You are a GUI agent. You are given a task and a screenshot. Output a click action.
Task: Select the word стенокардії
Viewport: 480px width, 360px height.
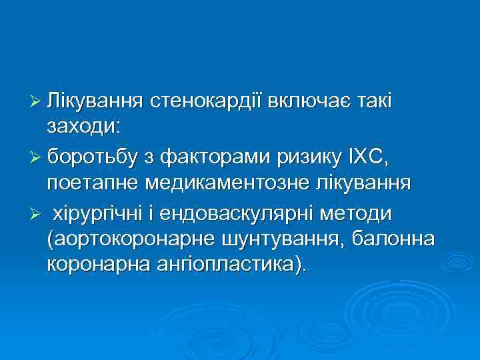tap(207, 101)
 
